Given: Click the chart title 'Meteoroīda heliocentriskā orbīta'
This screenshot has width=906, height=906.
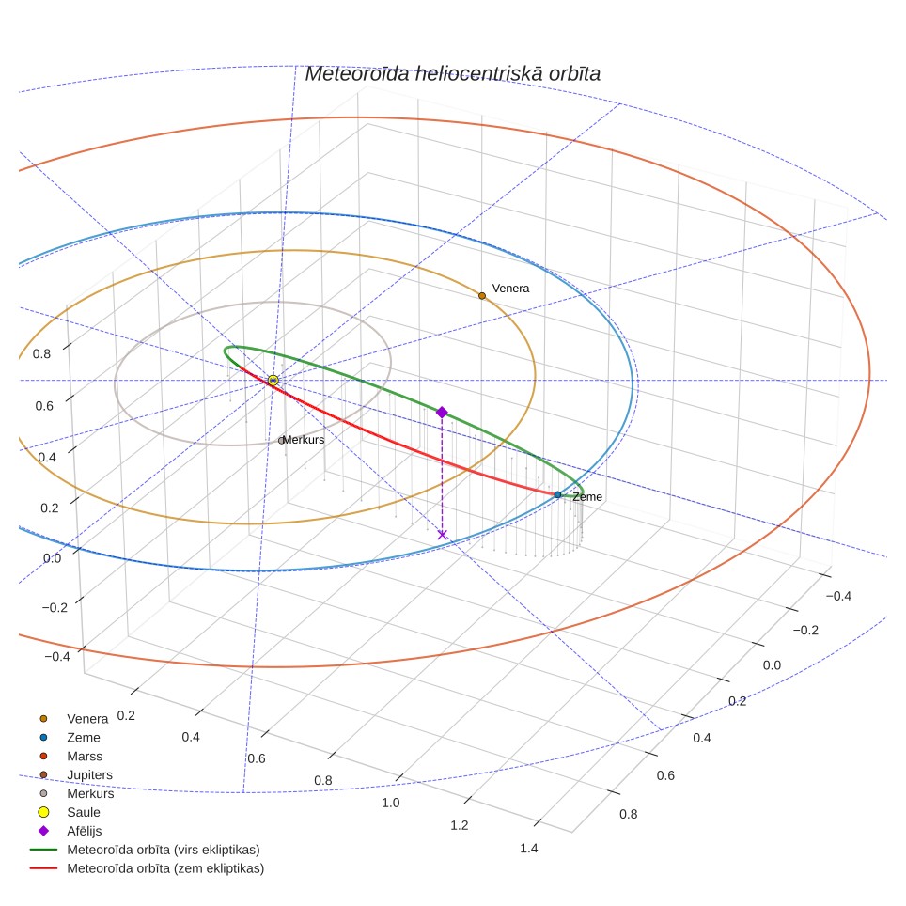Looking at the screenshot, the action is pos(452,74).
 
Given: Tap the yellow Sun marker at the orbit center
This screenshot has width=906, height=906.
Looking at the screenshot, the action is pos(273,381).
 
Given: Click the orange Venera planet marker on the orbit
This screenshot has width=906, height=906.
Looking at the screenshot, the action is pos(482,296).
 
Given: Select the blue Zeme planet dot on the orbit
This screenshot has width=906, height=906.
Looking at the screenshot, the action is pos(557,494).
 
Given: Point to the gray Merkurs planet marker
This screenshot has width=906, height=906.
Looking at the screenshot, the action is pos(281,441).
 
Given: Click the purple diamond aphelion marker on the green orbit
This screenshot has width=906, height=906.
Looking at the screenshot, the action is pos(442,412).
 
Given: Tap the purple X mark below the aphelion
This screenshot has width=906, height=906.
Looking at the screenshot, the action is pos(442,535).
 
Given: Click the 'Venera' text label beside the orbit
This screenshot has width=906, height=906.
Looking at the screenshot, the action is pos(510,289).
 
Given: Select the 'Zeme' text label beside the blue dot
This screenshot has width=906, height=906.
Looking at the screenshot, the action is pos(587,497).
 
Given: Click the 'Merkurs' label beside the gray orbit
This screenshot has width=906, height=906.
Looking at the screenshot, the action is pos(304,440).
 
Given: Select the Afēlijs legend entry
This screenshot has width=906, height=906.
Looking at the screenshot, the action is pos(70,831).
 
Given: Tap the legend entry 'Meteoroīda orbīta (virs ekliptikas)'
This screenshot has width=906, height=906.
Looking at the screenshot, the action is pos(145,850).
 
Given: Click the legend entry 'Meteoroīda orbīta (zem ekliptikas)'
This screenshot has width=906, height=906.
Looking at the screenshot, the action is pos(148,868).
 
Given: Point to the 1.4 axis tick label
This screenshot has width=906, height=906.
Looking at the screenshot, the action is pos(529,849).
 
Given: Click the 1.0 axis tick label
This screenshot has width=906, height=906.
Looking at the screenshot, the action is pos(391,803).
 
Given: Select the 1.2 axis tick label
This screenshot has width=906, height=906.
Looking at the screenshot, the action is pos(460,825).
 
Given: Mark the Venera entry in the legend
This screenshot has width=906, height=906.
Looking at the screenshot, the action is pos(73,719).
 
